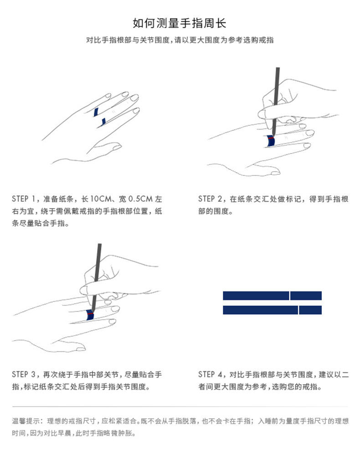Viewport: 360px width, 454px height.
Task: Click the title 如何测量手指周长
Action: pos(180,23)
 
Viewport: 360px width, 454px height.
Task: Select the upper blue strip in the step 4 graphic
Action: pos(255,296)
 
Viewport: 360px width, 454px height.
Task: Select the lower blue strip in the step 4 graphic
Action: pos(260,310)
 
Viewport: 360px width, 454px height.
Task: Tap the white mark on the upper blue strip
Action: pos(290,296)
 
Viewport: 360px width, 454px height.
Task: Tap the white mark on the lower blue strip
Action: pos(298,310)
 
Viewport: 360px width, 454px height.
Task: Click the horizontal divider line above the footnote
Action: pos(180,406)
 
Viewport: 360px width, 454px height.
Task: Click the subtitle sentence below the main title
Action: pos(180,40)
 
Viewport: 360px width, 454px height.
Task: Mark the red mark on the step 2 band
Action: pos(271,136)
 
